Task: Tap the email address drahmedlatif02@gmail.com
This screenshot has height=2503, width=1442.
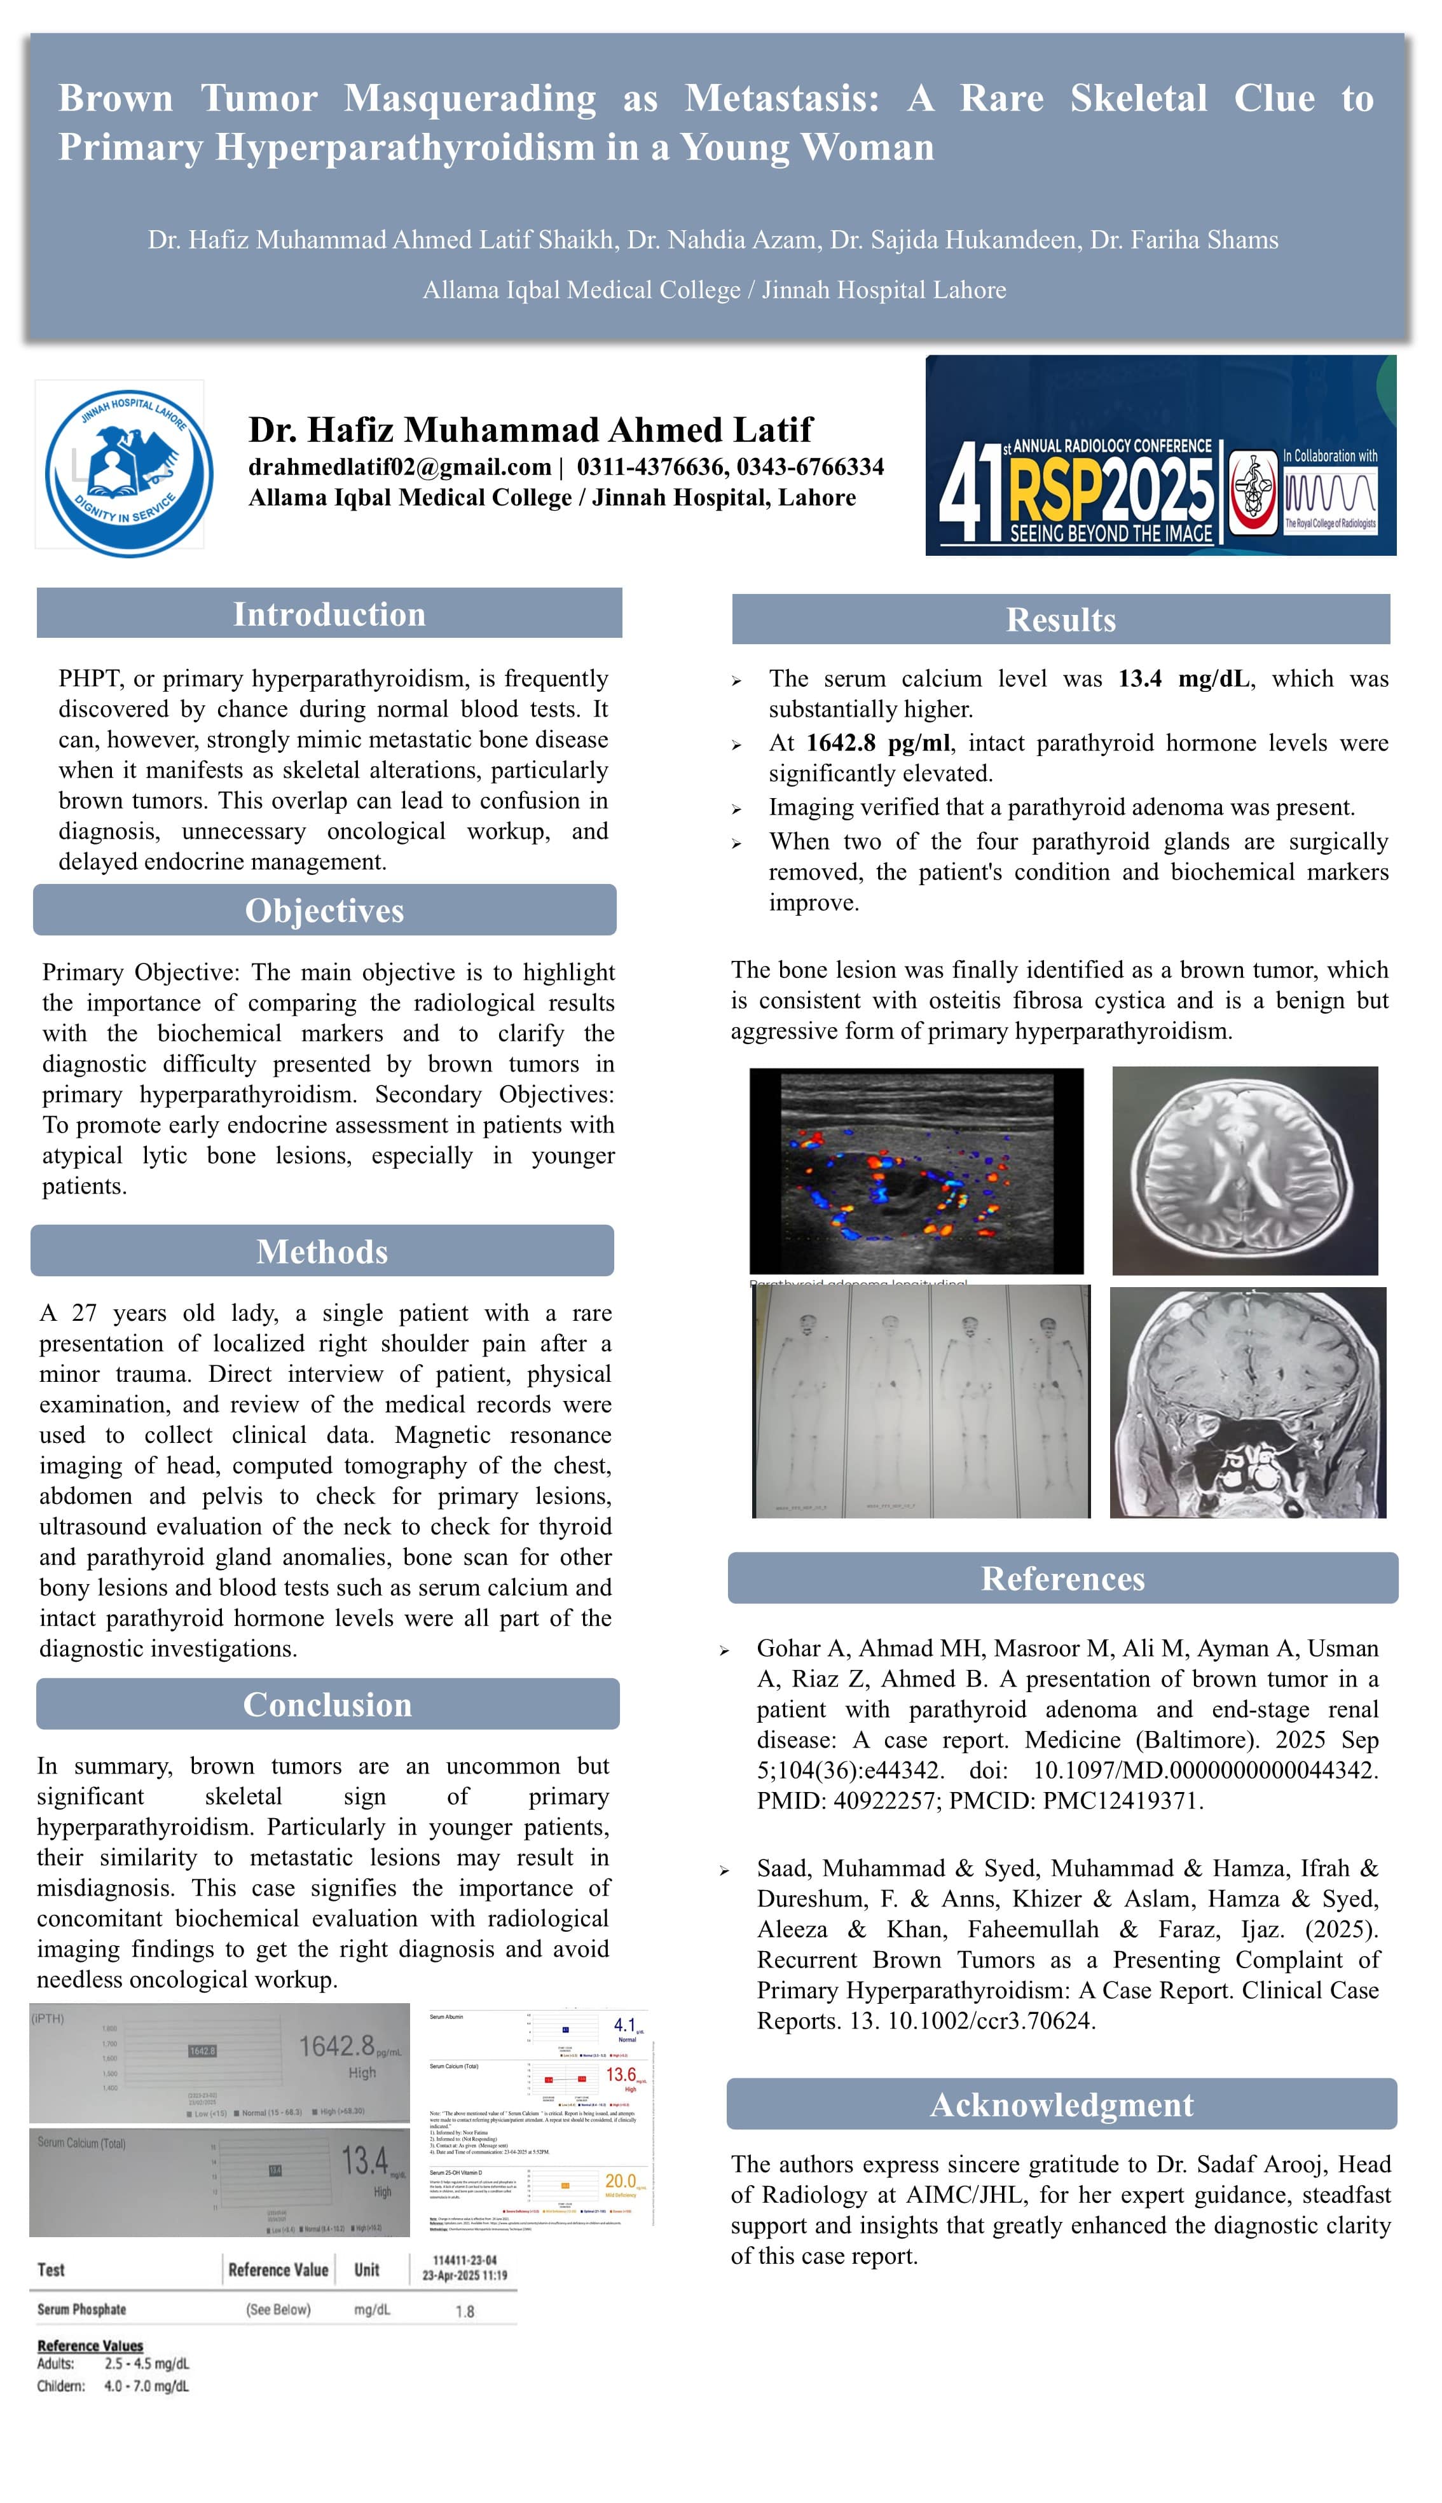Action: pyautogui.click(x=399, y=467)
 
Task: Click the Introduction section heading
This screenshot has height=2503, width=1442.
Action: pyautogui.click(x=329, y=614)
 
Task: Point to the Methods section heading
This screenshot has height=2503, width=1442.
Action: pyautogui.click(x=322, y=1251)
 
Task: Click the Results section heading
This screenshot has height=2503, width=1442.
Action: pyautogui.click(x=1061, y=619)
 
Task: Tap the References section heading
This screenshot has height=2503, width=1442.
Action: pyautogui.click(x=1062, y=1578)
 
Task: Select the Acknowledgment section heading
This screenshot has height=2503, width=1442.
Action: pyautogui.click(x=1062, y=2104)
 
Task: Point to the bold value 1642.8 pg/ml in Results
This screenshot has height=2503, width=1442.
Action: pyautogui.click(x=877, y=743)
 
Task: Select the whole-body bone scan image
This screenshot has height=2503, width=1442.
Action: pyautogui.click(x=921, y=1400)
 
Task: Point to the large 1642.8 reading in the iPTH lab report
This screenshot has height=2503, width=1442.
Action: pyautogui.click(x=337, y=2045)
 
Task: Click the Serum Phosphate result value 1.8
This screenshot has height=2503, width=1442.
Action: pyautogui.click(x=465, y=2311)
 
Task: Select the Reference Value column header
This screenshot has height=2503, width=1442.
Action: pyautogui.click(x=278, y=2269)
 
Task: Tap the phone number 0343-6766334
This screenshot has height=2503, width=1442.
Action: pyautogui.click(x=810, y=467)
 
